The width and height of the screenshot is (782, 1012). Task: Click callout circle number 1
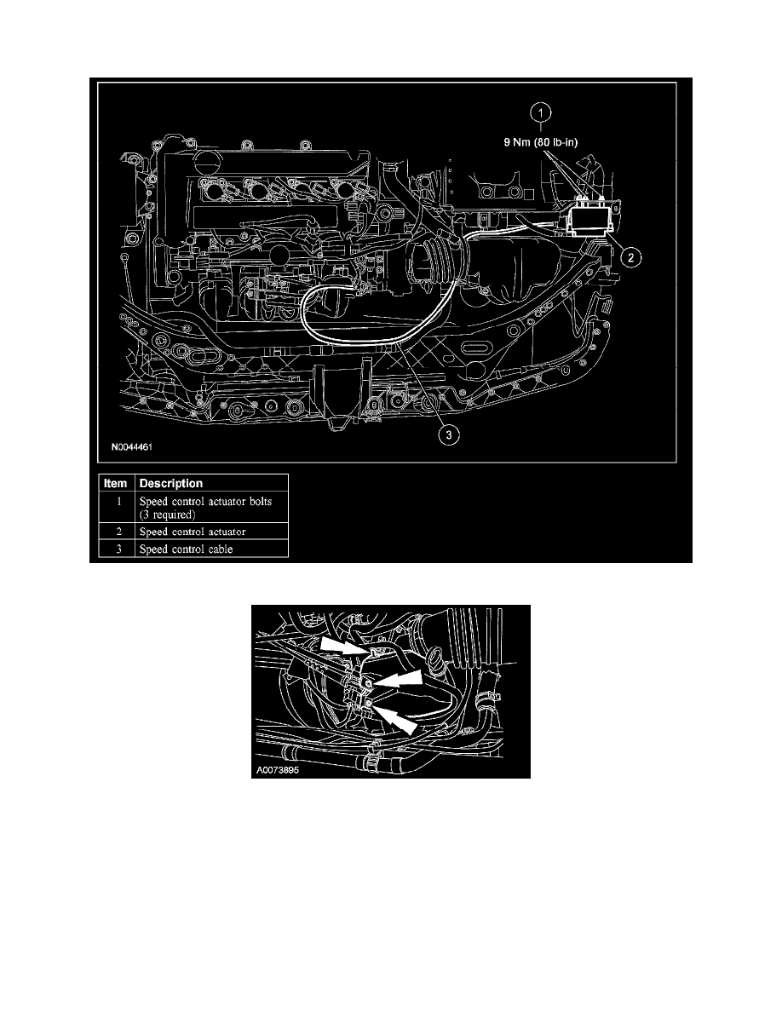541,113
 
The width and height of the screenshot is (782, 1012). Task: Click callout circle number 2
630,258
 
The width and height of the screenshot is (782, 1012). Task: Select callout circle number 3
448,435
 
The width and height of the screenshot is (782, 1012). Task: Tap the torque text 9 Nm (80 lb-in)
541,142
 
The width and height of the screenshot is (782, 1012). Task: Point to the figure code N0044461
132,446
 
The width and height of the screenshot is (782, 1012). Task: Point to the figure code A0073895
278,770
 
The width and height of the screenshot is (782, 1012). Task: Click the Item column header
116,483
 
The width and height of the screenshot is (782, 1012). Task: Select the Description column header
171,483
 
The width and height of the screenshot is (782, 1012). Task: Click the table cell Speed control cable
186,549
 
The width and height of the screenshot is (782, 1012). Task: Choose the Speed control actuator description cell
193,532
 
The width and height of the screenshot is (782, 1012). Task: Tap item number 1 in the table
118,501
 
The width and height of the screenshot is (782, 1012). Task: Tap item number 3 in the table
118,549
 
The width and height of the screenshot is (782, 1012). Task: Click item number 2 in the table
118,532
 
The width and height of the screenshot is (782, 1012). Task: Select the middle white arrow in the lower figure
398,678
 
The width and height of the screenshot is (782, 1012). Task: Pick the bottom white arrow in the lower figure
395,719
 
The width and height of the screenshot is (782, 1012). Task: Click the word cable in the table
221,549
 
